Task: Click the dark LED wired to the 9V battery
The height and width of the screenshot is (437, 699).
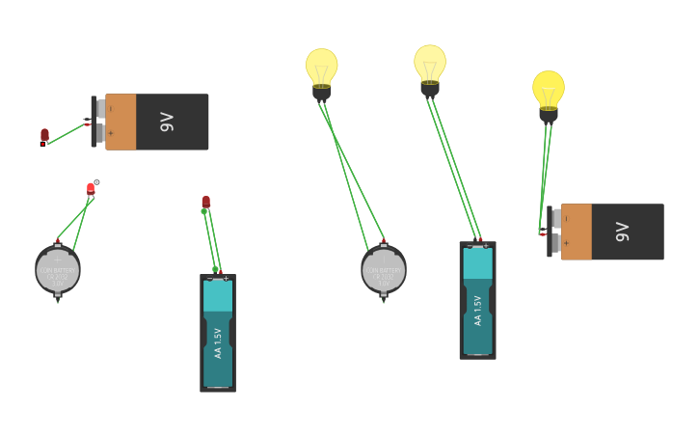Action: (x=44, y=135)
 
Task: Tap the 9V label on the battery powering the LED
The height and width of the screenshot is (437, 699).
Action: (x=167, y=122)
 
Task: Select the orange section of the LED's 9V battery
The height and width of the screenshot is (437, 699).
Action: (x=121, y=122)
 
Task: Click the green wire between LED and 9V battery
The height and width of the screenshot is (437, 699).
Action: (x=66, y=134)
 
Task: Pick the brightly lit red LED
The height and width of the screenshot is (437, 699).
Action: (x=91, y=188)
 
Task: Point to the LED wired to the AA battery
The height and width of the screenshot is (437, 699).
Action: (x=205, y=202)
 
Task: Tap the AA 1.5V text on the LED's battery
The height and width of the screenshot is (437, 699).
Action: (x=218, y=342)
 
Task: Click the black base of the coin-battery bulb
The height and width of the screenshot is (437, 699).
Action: (x=322, y=93)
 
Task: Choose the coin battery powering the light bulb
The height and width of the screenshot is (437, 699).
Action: (x=384, y=270)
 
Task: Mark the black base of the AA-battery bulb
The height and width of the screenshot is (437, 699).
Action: (x=430, y=89)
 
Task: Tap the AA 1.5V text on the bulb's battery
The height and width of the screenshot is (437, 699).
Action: (x=477, y=310)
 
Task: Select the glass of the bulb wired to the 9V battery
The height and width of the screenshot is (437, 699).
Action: (x=549, y=88)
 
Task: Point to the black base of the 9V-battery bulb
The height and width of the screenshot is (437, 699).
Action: (x=549, y=115)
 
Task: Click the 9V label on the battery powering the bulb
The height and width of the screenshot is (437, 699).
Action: (x=623, y=232)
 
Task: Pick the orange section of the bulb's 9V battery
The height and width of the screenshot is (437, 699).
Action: (x=577, y=232)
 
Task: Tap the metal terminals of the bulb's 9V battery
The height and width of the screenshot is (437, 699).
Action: (x=555, y=232)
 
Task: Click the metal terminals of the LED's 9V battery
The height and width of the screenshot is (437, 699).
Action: (x=99, y=122)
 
